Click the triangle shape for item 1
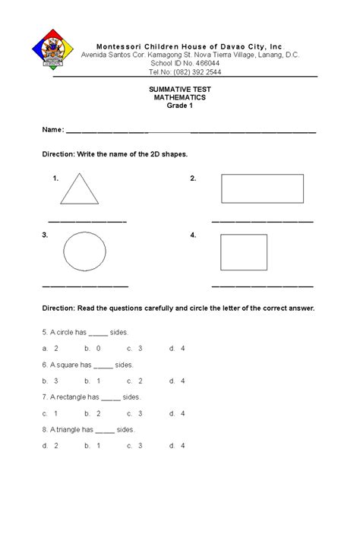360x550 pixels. tap(79, 190)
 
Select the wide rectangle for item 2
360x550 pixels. tap(262, 188)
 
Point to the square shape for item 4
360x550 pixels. tap(243, 252)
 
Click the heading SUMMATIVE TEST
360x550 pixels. tap(179, 90)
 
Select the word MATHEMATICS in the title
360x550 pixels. tap(179, 98)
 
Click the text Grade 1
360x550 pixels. tap(179, 106)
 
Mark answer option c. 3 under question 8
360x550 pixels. tap(135, 446)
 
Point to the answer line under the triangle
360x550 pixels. tap(92, 221)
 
